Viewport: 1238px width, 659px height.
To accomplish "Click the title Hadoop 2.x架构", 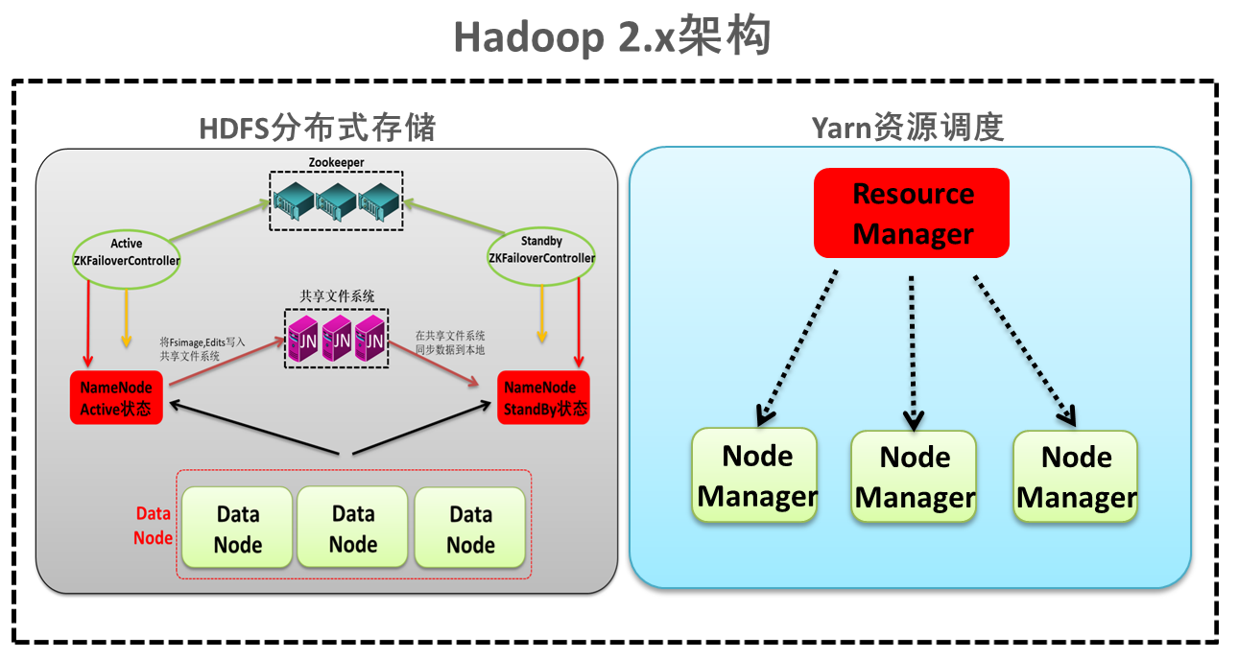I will point(612,38).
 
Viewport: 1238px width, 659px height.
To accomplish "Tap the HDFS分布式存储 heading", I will point(318,128).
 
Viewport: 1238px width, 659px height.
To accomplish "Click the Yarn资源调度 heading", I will point(908,127).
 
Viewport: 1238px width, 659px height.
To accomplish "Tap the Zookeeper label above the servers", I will point(336,162).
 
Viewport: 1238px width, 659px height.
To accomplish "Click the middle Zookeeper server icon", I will point(336,200).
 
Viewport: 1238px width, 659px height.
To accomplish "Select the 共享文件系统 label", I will point(337,295).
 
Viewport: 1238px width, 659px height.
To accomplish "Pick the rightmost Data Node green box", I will point(470,529).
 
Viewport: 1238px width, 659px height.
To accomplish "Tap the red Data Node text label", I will point(153,526).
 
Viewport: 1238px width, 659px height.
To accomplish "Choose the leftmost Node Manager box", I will point(755,476).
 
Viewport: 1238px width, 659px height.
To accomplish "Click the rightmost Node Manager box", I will point(1075,477).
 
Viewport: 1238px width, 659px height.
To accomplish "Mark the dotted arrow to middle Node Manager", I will point(912,350).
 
